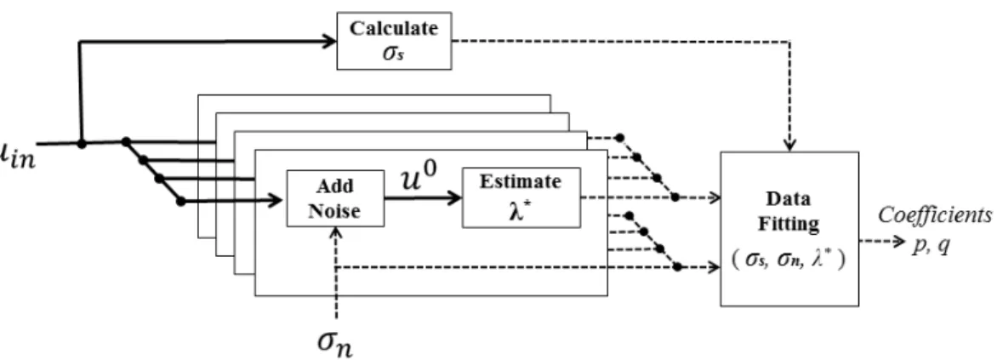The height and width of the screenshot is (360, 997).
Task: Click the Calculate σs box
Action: click(x=394, y=41)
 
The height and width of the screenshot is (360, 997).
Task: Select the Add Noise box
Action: click(x=335, y=197)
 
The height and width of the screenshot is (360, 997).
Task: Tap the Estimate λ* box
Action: click(x=521, y=197)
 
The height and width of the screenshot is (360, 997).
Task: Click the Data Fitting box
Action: click(x=789, y=228)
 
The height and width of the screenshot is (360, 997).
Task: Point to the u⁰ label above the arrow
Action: click(x=419, y=180)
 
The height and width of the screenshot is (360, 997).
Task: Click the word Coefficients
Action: click(x=935, y=215)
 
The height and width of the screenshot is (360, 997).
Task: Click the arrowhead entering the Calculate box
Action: click(x=329, y=42)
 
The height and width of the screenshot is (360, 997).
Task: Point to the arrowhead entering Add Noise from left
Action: click(x=275, y=200)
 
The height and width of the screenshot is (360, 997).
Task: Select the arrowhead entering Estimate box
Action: click(x=454, y=197)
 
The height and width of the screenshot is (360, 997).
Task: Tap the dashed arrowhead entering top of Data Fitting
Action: click(x=789, y=146)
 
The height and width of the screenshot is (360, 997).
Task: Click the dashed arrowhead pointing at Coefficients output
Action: click(x=897, y=242)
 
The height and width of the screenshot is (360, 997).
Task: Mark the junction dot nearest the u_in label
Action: click(x=82, y=144)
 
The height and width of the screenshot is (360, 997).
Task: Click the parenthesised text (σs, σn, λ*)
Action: click(x=789, y=260)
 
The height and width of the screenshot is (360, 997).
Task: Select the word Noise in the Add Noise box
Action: click(x=334, y=210)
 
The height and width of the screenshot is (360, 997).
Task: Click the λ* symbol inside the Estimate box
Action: click(x=521, y=210)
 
